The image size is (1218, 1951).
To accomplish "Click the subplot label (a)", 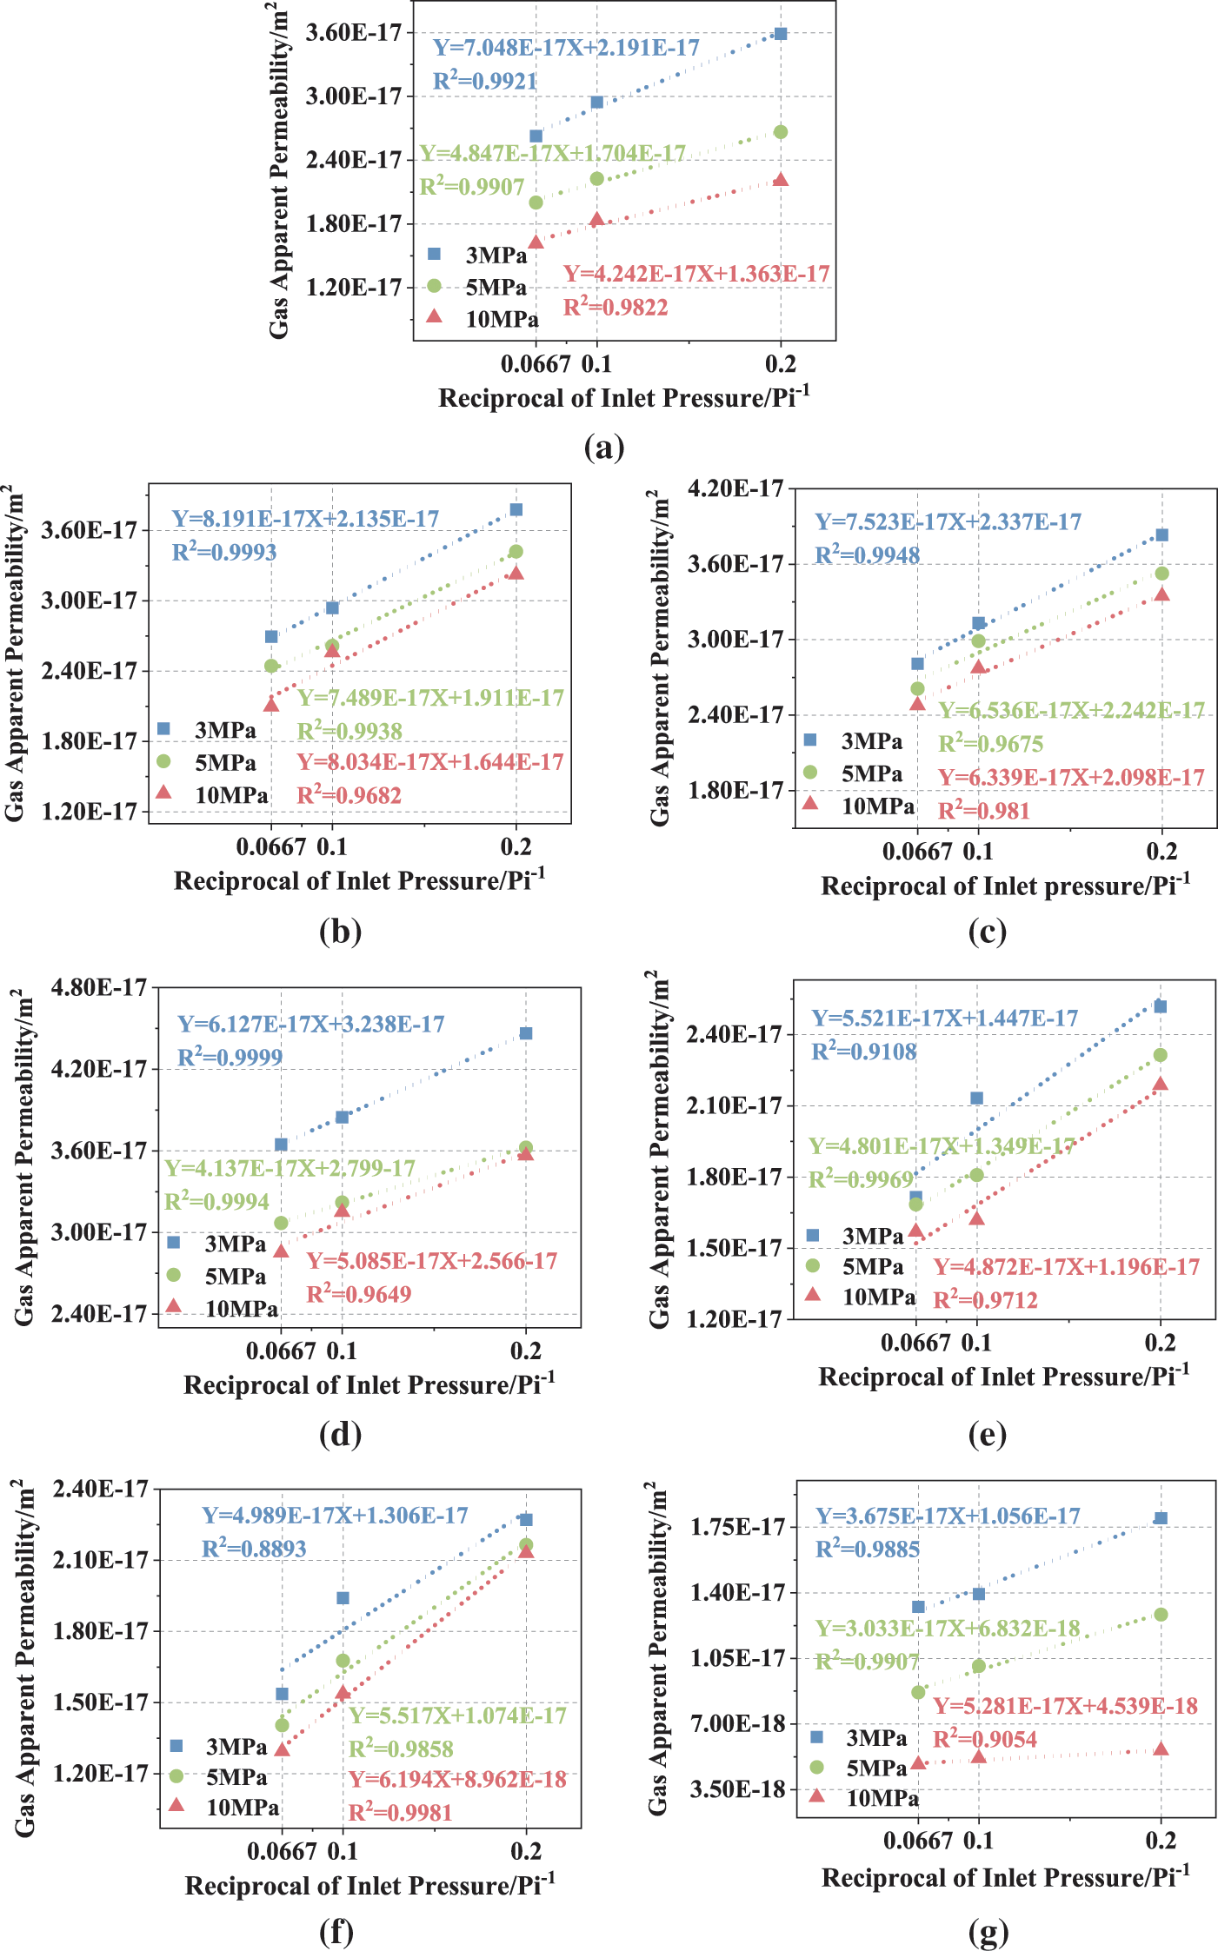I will [x=604, y=448].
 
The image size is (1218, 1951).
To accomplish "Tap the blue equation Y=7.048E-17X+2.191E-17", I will [x=566, y=48].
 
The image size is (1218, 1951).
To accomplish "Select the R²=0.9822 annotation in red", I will [x=616, y=307].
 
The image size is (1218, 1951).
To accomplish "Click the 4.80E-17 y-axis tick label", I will [x=99, y=987].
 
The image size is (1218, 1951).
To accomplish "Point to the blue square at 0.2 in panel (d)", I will [x=526, y=1033].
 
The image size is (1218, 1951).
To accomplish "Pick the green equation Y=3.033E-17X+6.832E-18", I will [x=948, y=1629].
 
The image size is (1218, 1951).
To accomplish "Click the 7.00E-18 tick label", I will [x=737, y=1723].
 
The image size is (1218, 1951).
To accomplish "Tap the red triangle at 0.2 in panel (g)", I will [x=1161, y=1749].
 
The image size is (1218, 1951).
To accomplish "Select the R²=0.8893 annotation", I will [x=254, y=1549].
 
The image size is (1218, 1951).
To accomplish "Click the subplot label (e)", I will [x=987, y=1434].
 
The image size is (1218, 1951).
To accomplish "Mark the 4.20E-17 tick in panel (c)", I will [x=735, y=488].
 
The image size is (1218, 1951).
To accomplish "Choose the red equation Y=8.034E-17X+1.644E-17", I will [x=430, y=762].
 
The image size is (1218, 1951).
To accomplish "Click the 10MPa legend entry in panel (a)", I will [x=502, y=320].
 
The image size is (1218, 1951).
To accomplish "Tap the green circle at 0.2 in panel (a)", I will [x=781, y=132].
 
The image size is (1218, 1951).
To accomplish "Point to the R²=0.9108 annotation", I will [x=864, y=1052].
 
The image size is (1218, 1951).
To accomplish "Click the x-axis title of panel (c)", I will [x=1005, y=886].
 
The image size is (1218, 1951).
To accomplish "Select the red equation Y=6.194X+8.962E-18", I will [x=457, y=1780].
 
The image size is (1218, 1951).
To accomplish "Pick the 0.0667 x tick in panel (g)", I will [x=918, y=1841].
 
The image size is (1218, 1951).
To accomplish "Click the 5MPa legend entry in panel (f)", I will [x=236, y=1777].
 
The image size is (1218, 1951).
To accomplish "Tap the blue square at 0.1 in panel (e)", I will [x=976, y=1098].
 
